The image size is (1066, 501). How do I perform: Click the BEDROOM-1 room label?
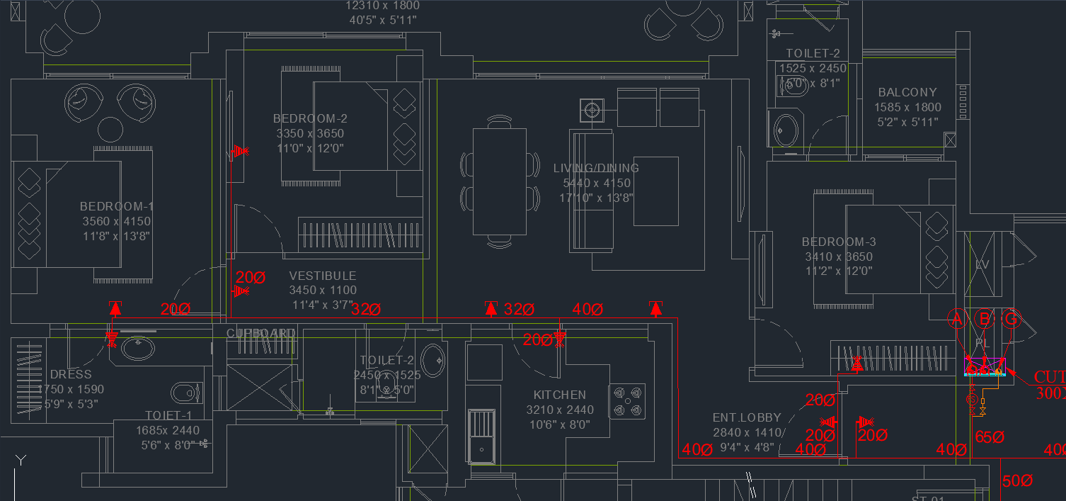[117, 206]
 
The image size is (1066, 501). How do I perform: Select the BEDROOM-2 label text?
[310, 119]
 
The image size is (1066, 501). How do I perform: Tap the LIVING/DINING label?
[596, 168]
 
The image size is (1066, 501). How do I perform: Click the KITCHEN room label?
[560, 395]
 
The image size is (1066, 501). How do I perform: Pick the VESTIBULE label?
[323, 276]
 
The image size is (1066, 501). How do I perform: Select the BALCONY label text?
[907, 92]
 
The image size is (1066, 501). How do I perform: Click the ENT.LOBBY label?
[747, 417]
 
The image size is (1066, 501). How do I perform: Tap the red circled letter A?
[958, 319]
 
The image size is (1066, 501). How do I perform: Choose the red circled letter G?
[1011, 320]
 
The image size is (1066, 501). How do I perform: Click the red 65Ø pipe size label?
[990, 437]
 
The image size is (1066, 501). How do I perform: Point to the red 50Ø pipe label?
[1017, 480]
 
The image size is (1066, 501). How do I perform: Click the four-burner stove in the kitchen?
[627, 401]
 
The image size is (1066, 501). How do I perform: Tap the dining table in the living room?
[500, 181]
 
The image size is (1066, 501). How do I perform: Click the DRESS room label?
[71, 374]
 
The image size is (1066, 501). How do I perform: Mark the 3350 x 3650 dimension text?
[310, 134]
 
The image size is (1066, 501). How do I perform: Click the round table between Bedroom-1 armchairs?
[110, 130]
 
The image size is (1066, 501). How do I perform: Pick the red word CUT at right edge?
[1049, 377]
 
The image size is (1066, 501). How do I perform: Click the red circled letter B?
[985, 319]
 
